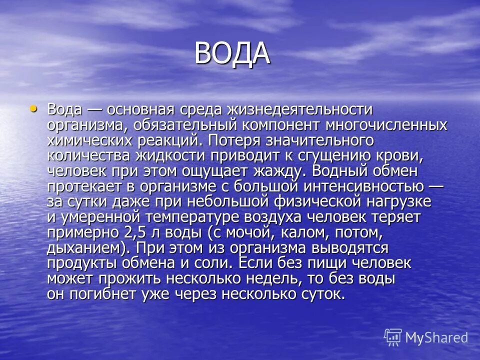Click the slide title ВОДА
[x=232, y=53]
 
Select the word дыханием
[x=88, y=248]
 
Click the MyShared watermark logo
[x=426, y=337]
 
